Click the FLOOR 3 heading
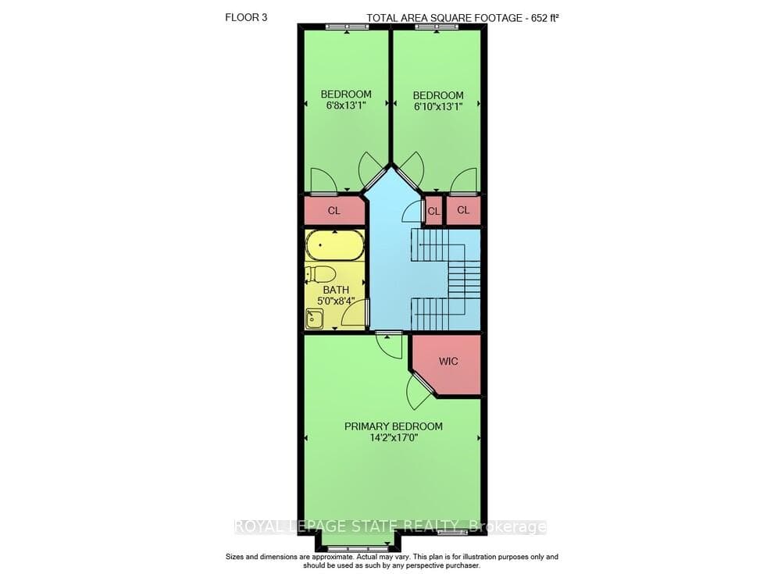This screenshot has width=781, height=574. pyautogui.click(x=246, y=17)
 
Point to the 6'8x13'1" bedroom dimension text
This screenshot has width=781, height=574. pyautogui.click(x=346, y=105)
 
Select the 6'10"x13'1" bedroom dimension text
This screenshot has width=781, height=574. pyautogui.click(x=438, y=106)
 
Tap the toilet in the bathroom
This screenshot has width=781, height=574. pyautogui.click(x=319, y=274)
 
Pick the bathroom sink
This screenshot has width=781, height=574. pyautogui.click(x=314, y=319)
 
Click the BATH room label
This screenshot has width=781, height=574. pyautogui.click(x=336, y=290)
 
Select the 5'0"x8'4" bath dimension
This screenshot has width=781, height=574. pyautogui.click(x=336, y=301)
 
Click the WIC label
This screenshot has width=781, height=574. pyautogui.click(x=448, y=362)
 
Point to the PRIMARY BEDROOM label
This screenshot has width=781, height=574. pyautogui.click(x=394, y=426)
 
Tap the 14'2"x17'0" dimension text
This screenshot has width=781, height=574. pyautogui.click(x=394, y=438)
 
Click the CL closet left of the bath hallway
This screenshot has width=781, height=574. pyautogui.click(x=333, y=211)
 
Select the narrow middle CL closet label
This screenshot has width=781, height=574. pyautogui.click(x=433, y=212)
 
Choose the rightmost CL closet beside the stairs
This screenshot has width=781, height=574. pyautogui.click(x=463, y=210)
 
